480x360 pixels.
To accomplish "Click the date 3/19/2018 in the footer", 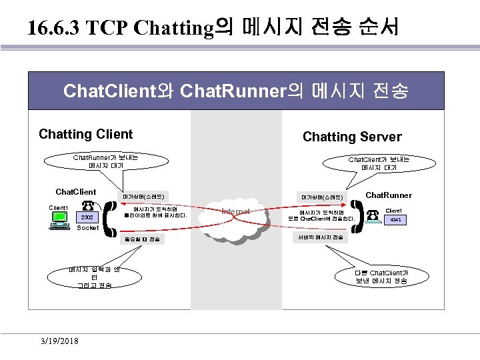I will [x=58, y=341].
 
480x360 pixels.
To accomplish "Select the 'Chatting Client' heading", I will [x=86, y=134].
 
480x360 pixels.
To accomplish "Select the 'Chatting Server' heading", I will [x=352, y=137].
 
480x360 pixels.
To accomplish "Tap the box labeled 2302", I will [x=89, y=217].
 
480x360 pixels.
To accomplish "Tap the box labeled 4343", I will [x=395, y=218].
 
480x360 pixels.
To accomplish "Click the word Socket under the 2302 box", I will [x=87, y=228].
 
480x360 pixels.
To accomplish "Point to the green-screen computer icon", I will [x=59, y=219].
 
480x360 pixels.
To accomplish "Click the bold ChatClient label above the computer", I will [x=75, y=192].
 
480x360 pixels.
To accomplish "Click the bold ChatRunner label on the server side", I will [x=389, y=195].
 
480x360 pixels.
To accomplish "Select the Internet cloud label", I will [x=236, y=211].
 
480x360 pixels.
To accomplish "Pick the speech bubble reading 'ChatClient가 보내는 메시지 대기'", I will [x=379, y=163].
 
